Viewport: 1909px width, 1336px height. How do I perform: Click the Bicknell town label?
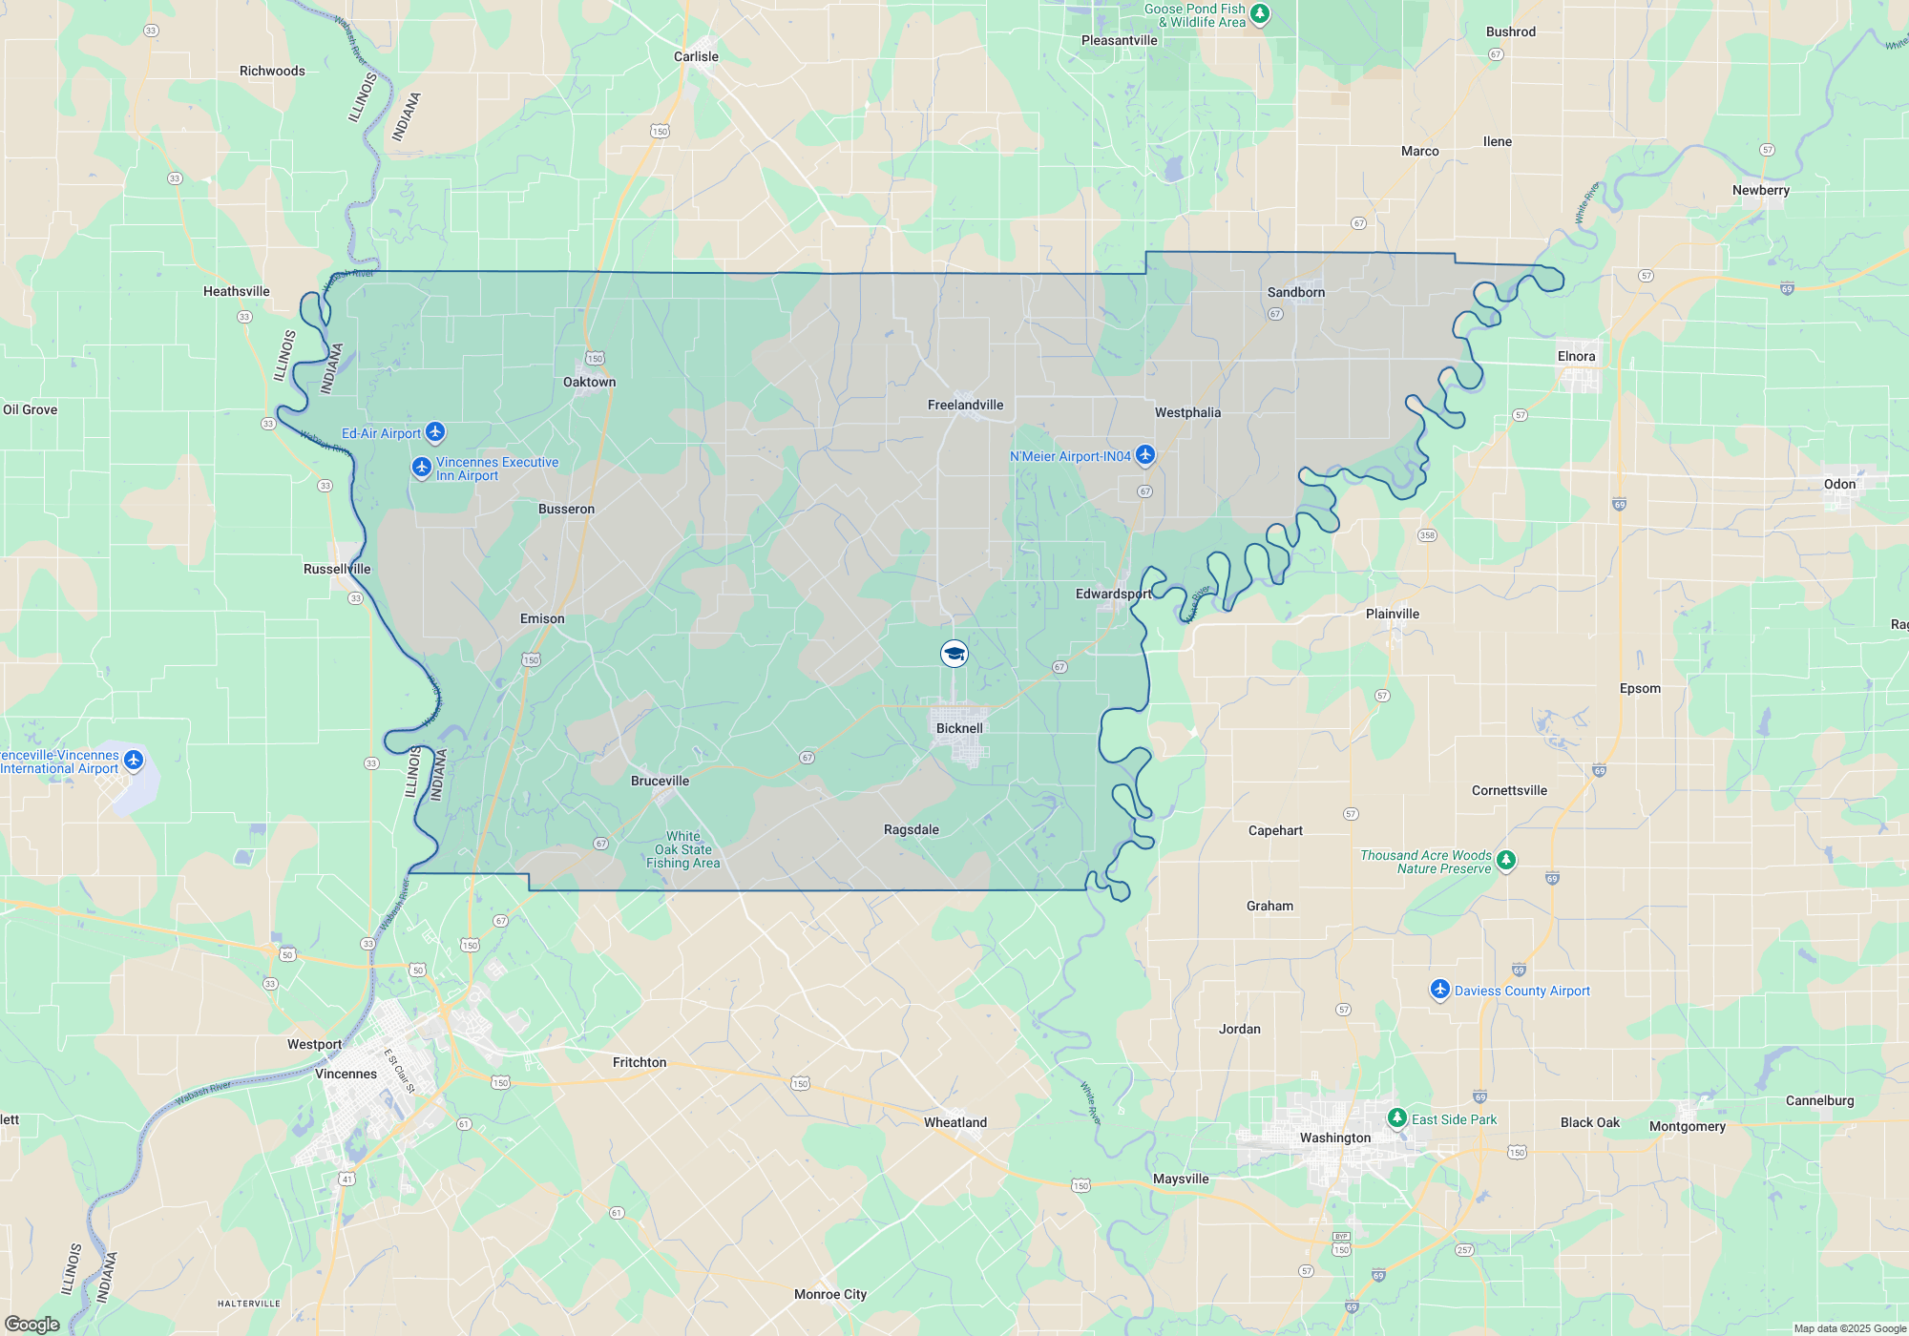point(959,728)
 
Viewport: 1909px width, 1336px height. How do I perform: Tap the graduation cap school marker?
point(954,654)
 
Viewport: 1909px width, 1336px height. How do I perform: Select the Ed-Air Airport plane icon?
point(435,432)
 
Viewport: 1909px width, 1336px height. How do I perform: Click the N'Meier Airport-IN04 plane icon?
point(1145,455)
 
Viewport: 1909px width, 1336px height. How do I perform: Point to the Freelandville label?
point(965,405)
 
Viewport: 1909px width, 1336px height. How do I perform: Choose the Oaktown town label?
point(589,382)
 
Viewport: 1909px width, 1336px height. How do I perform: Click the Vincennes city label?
point(346,1074)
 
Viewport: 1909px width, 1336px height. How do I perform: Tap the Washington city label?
point(1334,1138)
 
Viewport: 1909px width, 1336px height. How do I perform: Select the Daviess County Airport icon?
point(1439,990)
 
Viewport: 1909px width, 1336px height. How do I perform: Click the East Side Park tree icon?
point(1396,1117)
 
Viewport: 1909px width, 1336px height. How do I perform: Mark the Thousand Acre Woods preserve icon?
point(1506,861)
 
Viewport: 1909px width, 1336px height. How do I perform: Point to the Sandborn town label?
point(1295,292)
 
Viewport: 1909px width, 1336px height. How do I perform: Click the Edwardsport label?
point(1113,594)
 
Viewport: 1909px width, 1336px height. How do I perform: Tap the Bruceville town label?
point(660,781)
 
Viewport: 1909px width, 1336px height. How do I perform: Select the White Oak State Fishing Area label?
point(682,849)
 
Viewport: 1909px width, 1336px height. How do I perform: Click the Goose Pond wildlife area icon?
point(1260,14)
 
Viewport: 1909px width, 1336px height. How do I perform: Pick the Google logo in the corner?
point(31,1325)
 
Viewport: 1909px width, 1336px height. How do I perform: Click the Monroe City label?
point(830,1294)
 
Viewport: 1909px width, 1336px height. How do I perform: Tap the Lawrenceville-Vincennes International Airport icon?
point(134,760)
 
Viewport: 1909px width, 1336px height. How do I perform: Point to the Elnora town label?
point(1576,356)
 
